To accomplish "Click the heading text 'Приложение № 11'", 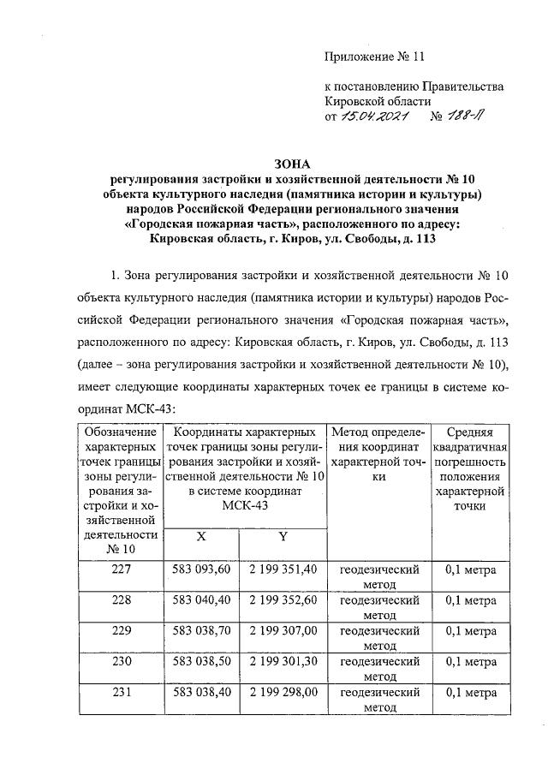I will pos(374,57).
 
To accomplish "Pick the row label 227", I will pos(121,569).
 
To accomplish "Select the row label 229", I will pos(121,630).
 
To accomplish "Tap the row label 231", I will pos(121,693).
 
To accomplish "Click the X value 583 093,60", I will pos(201,569).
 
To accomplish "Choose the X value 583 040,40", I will pos(201,599).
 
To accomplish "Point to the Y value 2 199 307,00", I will pos(283,630).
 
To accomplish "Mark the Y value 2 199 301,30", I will pos(283,662).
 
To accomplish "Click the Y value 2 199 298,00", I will pos(283,693).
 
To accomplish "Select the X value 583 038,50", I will pos(201,662).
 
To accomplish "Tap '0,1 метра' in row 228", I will pos(471,599).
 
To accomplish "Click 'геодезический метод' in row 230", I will pos(379,669).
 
